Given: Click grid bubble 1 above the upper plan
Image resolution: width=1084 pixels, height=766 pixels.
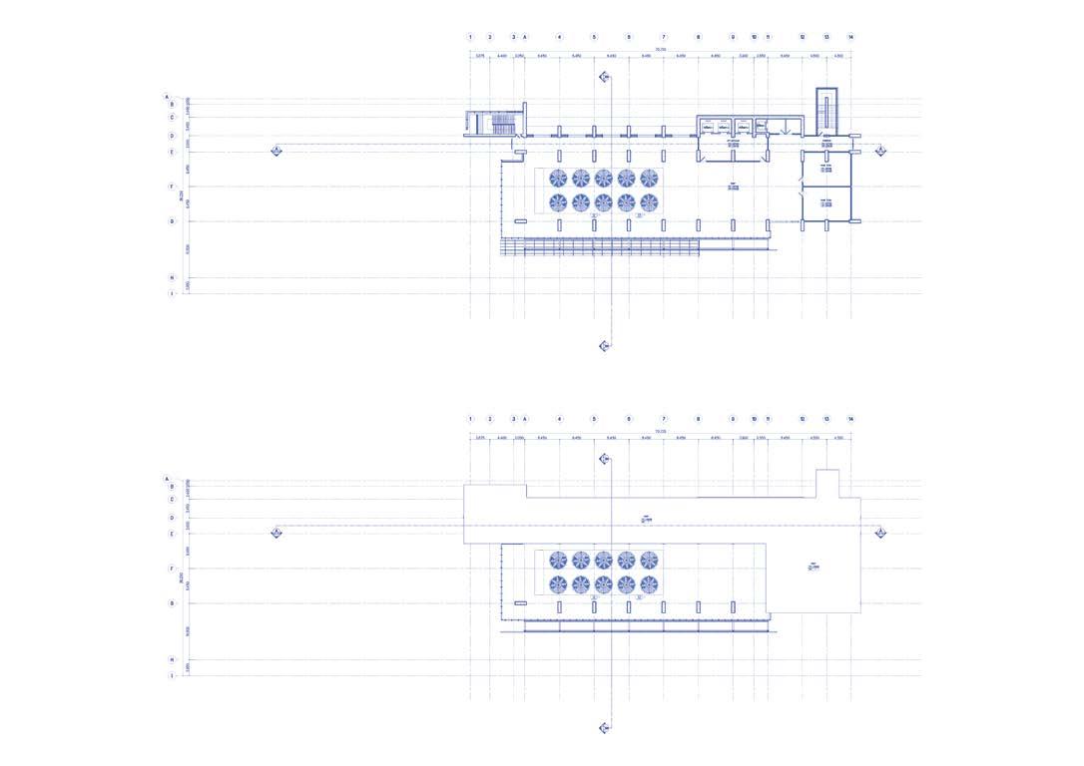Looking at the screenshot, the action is tap(470, 37).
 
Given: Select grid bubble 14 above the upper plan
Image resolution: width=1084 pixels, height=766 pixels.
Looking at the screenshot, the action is tap(850, 37).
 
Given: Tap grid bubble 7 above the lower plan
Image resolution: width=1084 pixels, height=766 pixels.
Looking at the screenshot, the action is tap(663, 419).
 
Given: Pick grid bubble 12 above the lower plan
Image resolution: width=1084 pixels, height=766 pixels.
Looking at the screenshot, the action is tap(803, 419).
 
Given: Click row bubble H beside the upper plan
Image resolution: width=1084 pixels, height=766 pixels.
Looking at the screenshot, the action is tap(172, 278).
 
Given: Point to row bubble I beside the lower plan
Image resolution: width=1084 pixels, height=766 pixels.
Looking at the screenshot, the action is tap(172, 675).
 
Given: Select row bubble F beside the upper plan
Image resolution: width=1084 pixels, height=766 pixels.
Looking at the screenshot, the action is tap(172, 187).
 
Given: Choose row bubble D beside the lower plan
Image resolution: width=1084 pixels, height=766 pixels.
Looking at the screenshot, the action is tap(172, 518).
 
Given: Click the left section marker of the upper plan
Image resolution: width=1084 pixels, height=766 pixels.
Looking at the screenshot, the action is tap(276, 151).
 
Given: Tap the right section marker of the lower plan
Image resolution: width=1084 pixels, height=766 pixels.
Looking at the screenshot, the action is tap(880, 533).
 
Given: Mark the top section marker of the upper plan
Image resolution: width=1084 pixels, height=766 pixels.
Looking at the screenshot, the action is tap(604, 77).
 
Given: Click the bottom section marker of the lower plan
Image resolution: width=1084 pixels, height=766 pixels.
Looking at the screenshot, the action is tap(604, 728).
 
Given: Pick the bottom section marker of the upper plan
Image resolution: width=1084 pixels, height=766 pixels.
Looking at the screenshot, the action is tap(604, 346).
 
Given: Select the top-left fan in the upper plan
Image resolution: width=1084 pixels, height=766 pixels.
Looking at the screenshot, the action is tap(557, 179).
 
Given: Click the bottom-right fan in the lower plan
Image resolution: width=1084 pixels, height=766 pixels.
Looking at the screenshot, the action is tap(649, 584).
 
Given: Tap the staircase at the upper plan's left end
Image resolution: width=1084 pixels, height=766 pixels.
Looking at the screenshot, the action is tap(497, 124).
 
